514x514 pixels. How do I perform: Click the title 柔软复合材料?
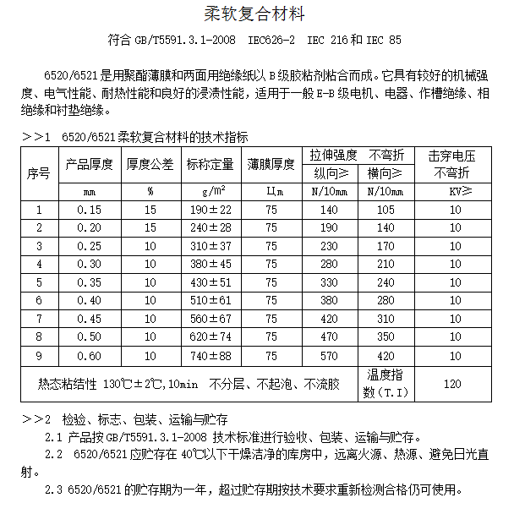point(257,14)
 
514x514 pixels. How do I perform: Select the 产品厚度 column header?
point(90,164)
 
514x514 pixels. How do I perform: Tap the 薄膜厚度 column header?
point(271,164)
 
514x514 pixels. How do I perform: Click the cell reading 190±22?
point(211,210)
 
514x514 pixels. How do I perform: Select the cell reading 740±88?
point(211,356)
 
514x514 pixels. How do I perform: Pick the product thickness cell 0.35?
point(90,282)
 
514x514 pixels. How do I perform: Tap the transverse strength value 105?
point(385,210)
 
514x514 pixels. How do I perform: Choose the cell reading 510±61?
point(211,301)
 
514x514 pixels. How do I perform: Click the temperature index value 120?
point(452,384)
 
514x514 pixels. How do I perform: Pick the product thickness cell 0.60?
point(90,356)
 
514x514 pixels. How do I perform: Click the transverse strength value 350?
point(385,337)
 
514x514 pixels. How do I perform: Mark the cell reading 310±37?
point(211,246)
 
